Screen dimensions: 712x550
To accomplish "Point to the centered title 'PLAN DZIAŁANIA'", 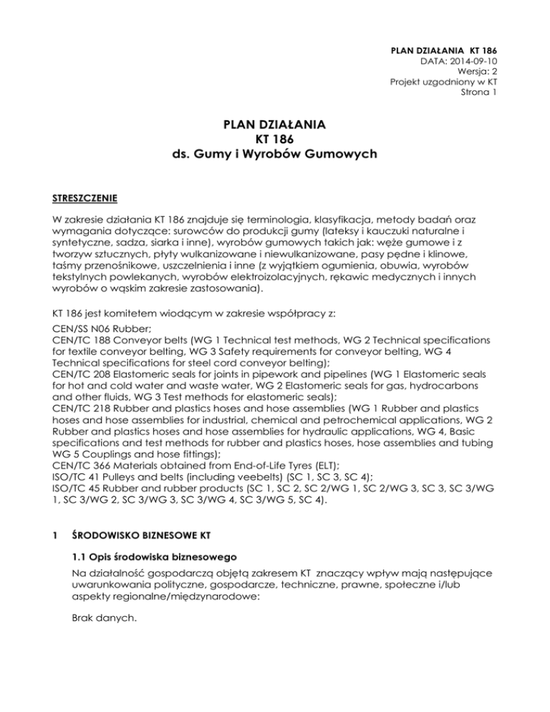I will tap(276, 125).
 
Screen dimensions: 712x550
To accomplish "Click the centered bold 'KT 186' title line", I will tap(276, 140).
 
